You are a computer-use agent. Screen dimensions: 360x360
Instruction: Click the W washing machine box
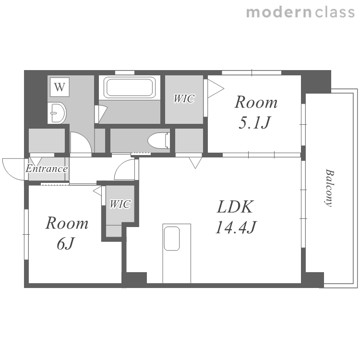(x=60, y=87)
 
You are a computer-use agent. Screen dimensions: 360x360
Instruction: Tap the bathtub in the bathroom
(x=129, y=87)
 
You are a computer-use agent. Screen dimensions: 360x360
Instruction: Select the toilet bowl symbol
(x=159, y=141)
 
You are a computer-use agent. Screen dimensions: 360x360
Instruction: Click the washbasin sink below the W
(x=58, y=113)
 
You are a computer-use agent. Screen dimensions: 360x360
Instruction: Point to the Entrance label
(x=47, y=169)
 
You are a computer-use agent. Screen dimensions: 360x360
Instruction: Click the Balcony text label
(x=329, y=188)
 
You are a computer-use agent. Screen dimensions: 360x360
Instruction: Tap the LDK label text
(x=235, y=207)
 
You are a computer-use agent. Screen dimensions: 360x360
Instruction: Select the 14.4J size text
(x=236, y=227)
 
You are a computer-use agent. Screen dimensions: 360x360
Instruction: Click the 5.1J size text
(x=255, y=122)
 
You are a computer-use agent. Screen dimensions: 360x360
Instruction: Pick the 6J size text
(x=66, y=243)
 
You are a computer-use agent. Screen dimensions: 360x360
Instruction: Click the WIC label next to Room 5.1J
(x=184, y=99)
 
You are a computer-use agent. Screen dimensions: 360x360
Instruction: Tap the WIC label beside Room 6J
(x=120, y=204)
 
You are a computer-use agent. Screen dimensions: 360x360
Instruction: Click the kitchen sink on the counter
(x=172, y=239)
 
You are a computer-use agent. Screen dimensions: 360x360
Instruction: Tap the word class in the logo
(x=335, y=12)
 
